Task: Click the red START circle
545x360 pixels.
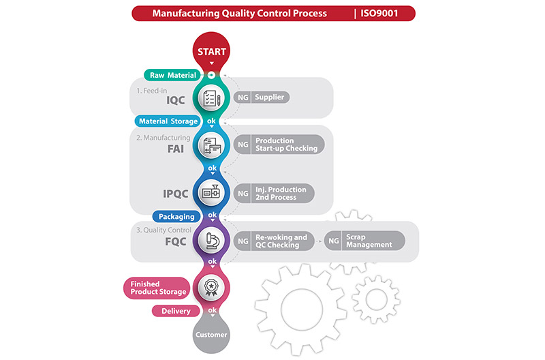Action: point(211,52)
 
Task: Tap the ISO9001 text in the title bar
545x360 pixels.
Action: point(385,13)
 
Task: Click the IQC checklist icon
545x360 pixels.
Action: point(211,98)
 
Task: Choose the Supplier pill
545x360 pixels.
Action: point(270,97)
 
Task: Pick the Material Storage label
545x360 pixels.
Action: point(168,121)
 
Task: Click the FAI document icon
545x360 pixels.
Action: point(211,145)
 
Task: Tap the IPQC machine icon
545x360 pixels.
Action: point(211,193)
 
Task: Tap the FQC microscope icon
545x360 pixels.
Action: point(211,240)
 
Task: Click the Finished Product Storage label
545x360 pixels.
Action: point(155,287)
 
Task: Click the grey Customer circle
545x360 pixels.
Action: point(211,335)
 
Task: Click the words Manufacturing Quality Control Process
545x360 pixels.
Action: point(239,13)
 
